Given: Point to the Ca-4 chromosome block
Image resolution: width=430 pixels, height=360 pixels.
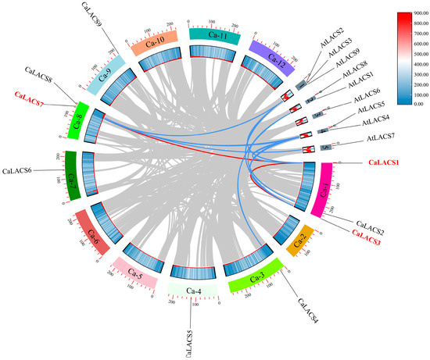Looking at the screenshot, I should (190, 289).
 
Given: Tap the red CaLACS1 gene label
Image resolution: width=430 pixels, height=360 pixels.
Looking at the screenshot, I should (384, 162).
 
